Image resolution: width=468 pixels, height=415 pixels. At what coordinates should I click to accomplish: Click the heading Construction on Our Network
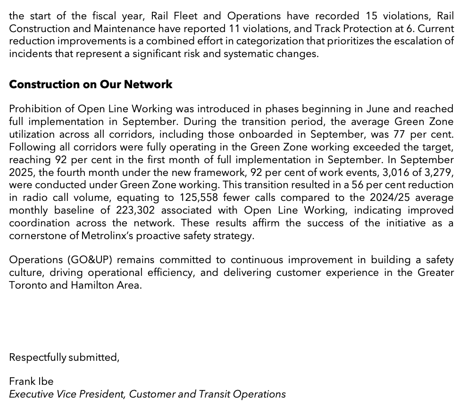coord(91,84)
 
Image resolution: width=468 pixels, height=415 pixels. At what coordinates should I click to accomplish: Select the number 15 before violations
coord(372,16)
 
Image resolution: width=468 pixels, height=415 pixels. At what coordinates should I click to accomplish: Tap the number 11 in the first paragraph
coord(234,28)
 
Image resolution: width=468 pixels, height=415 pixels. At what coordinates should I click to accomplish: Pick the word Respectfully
coord(37,357)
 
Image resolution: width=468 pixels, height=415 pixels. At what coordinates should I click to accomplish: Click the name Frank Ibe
coord(31,381)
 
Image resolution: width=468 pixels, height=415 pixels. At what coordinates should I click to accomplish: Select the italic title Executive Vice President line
coord(147,394)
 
